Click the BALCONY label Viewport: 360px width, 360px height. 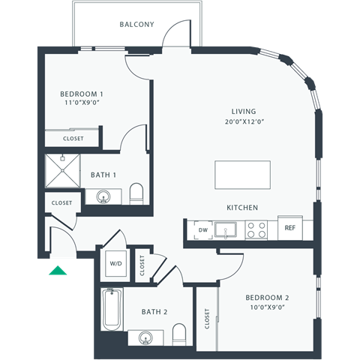137,24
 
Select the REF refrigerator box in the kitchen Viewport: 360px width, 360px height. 289,228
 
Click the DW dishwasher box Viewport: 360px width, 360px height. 202,229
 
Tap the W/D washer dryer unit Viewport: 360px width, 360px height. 117,264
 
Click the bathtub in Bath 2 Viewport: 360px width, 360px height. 112,310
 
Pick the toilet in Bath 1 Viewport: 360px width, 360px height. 136,194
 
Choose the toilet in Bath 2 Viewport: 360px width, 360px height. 179,331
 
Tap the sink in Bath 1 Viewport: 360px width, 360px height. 103,197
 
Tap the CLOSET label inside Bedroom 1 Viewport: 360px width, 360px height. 73,139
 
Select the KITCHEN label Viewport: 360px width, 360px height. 243,207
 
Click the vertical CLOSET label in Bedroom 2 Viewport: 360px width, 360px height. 206,318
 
